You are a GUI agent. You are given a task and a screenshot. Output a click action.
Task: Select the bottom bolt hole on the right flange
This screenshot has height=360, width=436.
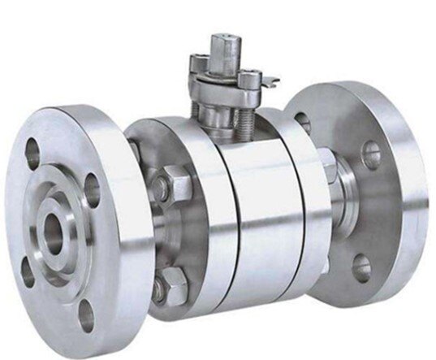(x=361, y=267)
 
